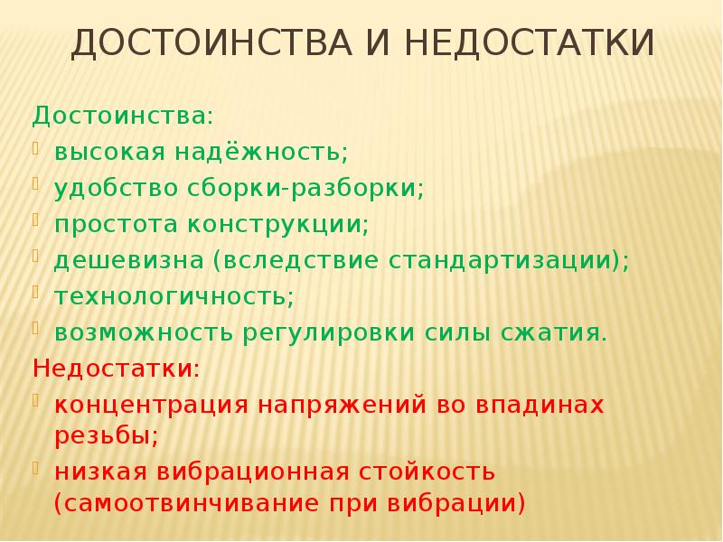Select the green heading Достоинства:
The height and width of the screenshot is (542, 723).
tap(124, 117)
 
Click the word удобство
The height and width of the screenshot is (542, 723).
tap(117, 189)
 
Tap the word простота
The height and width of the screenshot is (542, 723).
tap(115, 225)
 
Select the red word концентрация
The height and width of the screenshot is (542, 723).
tap(151, 406)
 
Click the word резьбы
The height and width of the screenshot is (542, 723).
tap(106, 435)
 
